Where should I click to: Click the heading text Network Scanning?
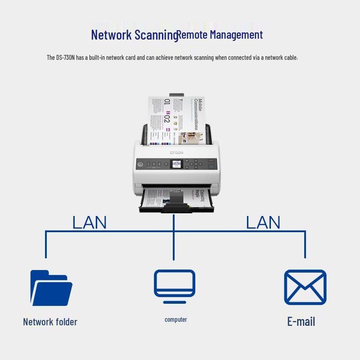coord(134,35)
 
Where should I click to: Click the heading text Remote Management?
coord(220,34)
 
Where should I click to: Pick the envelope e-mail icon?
coord(305,288)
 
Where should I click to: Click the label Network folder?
coord(50,322)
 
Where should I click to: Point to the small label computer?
coord(175,319)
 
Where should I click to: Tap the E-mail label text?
coord(301,321)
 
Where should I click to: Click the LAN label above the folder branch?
coord(90,222)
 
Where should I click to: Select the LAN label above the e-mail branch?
coord(263,222)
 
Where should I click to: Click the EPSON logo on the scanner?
coord(176,153)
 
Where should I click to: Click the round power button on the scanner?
coord(140,165)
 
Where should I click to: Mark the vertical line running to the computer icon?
coord(174,243)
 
